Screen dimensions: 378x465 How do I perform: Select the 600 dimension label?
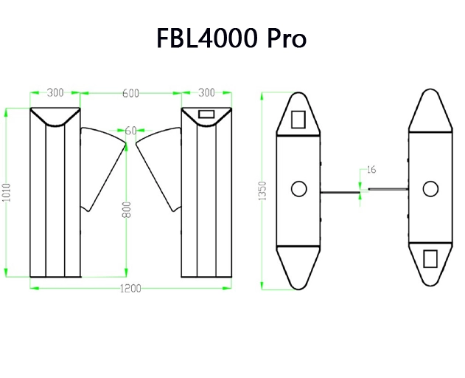click(131, 93)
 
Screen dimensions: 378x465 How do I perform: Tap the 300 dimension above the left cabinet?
click(55, 93)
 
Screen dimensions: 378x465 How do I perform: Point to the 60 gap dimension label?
click(130, 131)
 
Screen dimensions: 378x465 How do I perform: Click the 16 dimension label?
click(371, 170)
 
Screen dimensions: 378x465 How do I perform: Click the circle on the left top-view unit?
click(298, 189)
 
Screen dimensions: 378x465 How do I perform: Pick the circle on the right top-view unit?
click(429, 189)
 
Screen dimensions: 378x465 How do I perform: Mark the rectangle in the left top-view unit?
click(299, 120)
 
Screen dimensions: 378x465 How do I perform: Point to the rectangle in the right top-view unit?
click(429, 258)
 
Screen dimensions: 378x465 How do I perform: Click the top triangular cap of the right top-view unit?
click(429, 111)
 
